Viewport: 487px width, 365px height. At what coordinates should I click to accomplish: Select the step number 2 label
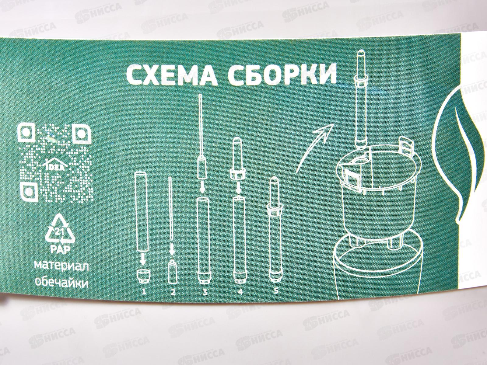pyautogui.click(x=173, y=292)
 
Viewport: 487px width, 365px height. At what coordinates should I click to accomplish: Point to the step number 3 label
pyautogui.click(x=204, y=292)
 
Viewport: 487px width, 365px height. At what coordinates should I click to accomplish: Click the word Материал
pyautogui.click(x=62, y=267)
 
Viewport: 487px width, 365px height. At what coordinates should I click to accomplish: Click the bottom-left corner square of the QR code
pyautogui.click(x=29, y=191)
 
